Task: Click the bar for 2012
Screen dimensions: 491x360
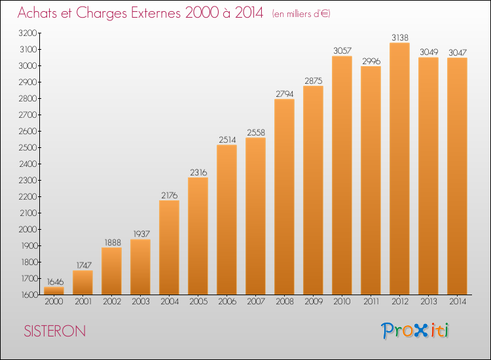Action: click(x=399, y=169)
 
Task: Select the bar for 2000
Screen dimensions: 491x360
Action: click(x=54, y=291)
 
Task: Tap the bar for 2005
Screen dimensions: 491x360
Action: click(x=198, y=236)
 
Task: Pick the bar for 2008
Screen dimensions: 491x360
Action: click(x=284, y=197)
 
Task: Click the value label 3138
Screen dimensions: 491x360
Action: click(x=400, y=37)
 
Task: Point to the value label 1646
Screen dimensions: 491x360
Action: click(x=55, y=281)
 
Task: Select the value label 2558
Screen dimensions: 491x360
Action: click(x=256, y=132)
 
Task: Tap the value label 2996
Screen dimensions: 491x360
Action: click(x=371, y=61)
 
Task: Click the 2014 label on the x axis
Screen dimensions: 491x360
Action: click(x=458, y=302)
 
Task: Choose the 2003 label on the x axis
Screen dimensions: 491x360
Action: click(x=141, y=302)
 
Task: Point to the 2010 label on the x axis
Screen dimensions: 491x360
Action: click(x=342, y=302)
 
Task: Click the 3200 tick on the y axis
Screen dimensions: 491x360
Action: click(x=28, y=33)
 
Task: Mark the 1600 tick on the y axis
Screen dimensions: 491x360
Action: click(x=29, y=295)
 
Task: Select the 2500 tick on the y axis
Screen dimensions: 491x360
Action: click(x=28, y=148)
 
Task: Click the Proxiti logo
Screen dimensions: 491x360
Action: click(x=415, y=331)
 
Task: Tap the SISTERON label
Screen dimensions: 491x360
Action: click(x=55, y=331)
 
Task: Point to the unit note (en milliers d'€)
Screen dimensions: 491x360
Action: click(x=301, y=14)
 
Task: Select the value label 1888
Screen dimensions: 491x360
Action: click(x=113, y=243)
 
